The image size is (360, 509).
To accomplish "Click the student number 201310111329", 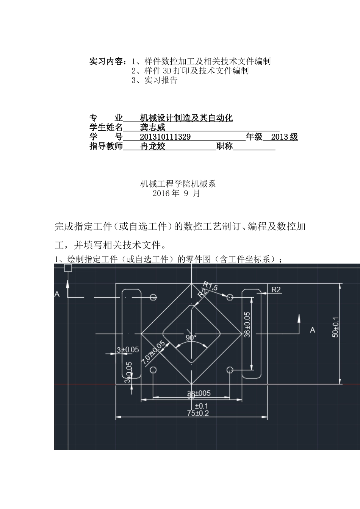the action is [165, 137].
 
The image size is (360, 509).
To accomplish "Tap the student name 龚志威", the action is [153, 128].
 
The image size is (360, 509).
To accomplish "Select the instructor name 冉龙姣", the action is [153, 147].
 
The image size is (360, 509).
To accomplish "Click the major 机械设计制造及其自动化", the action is [186, 118].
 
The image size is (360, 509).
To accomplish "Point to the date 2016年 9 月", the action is [176, 194].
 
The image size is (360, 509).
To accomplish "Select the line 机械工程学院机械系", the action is [178, 184].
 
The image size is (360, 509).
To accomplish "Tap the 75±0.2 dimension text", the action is [198, 413].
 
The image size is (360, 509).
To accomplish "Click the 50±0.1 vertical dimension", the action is [336, 327].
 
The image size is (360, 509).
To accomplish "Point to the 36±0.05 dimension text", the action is [247, 325].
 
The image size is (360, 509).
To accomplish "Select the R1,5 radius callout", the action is [211, 286].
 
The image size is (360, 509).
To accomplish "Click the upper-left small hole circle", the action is [153, 297].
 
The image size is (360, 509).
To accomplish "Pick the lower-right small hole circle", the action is [230, 370].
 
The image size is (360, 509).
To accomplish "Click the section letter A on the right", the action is [313, 330].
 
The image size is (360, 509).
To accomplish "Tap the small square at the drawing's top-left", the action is [68, 268].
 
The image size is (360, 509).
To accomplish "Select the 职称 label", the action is [224, 147].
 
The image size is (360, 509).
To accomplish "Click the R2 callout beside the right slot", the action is [276, 290].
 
